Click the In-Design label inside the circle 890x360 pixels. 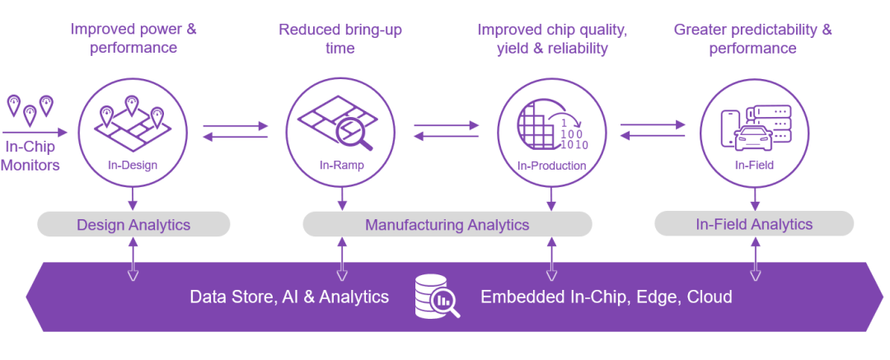pyautogui.click(x=133, y=166)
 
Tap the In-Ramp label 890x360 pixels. pyautogui.click(x=341, y=166)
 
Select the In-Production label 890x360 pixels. pyautogui.click(x=551, y=166)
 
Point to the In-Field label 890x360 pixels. pyautogui.click(x=754, y=166)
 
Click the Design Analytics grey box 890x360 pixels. pyautogui.click(x=133, y=224)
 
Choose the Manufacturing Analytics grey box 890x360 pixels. pyautogui.click(x=447, y=224)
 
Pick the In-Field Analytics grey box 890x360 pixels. pyautogui.click(x=754, y=224)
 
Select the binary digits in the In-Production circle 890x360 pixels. pyautogui.click(x=574, y=135)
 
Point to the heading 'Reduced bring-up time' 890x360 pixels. pyautogui.click(x=340, y=38)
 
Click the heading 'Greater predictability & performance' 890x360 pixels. pyautogui.click(x=753, y=38)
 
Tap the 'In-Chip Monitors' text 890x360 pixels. pyautogui.click(x=32, y=156)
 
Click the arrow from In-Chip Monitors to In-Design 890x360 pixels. pyautogui.click(x=35, y=133)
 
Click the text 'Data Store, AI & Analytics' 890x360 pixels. pyautogui.click(x=289, y=297)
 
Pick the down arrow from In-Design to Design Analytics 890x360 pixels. pyautogui.click(x=133, y=198)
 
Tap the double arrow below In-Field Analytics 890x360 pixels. pyautogui.click(x=755, y=259)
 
